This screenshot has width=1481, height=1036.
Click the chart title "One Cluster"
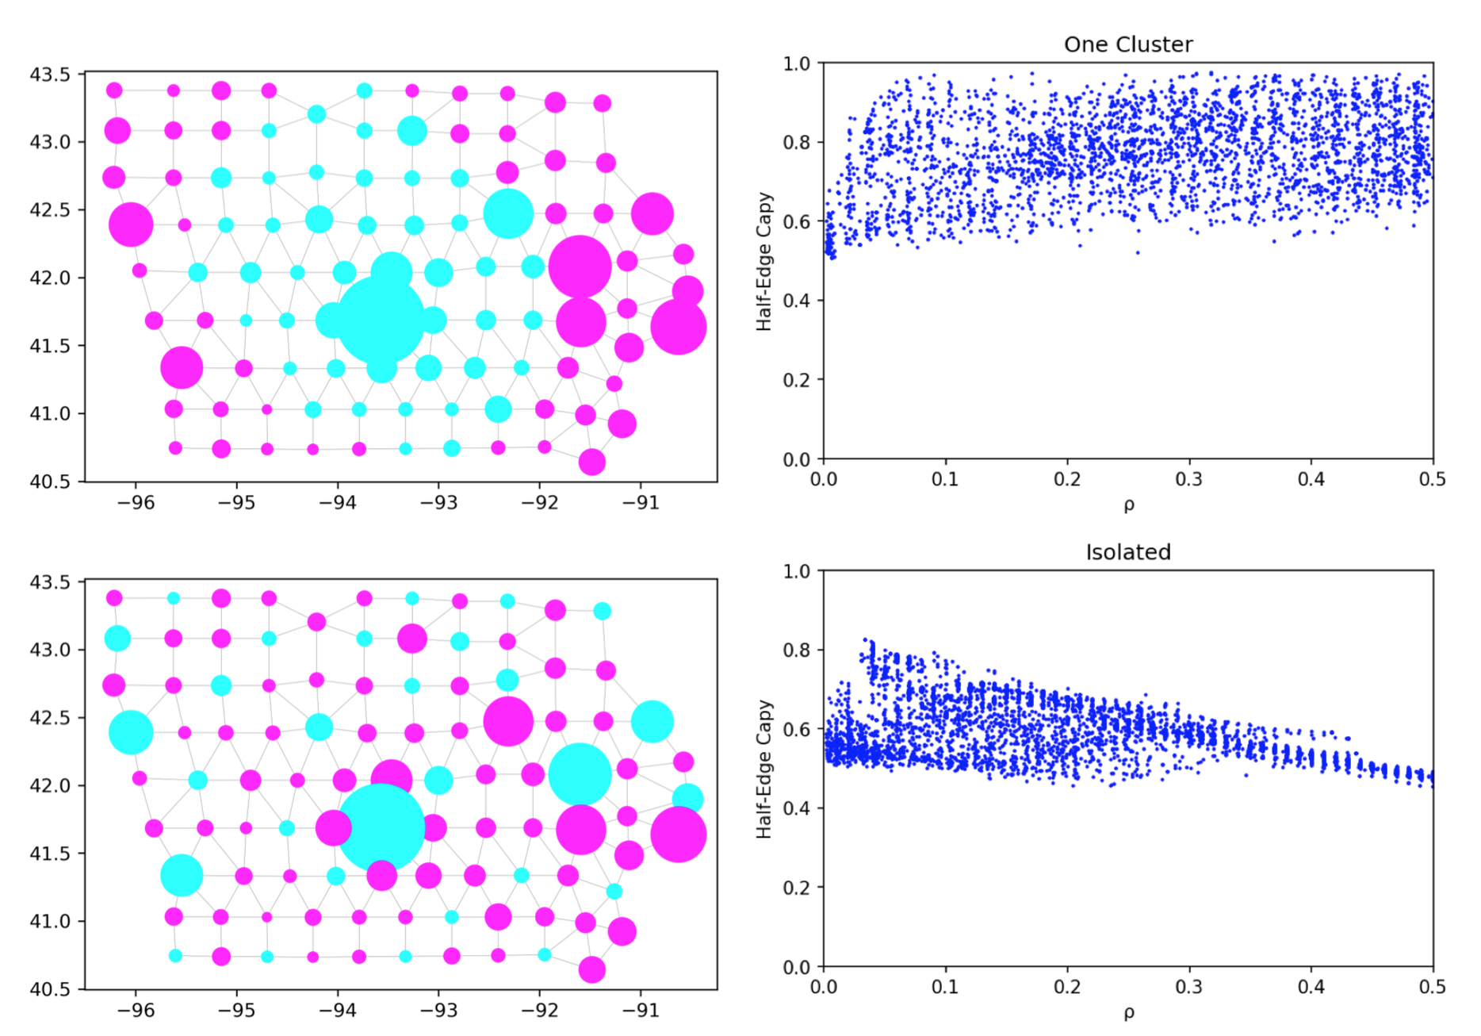click(x=1127, y=44)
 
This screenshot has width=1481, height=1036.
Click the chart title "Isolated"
click(x=1127, y=552)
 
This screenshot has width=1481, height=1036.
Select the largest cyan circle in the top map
click(x=381, y=319)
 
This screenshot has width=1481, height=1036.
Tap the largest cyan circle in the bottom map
click(x=381, y=827)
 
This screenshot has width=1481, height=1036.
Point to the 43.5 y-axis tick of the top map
click(x=50, y=75)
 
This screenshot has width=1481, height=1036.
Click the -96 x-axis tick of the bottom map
click(x=136, y=1011)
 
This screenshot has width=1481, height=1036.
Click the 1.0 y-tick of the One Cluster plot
click(x=796, y=63)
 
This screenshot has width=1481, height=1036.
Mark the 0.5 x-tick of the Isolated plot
click(x=1432, y=987)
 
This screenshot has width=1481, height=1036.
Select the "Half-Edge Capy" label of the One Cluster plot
click(x=763, y=261)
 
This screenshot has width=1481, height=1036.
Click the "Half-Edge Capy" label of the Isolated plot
click(x=763, y=769)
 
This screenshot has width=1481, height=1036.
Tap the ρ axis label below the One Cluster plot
click(x=1128, y=505)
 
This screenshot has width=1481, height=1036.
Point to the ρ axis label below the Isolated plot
click(x=1128, y=1013)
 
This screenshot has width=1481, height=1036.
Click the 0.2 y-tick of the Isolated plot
click(x=796, y=888)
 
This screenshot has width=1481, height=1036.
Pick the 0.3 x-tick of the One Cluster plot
click(x=1188, y=479)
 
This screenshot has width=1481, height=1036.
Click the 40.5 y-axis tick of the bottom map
click(x=50, y=989)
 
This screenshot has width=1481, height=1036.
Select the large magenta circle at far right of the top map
click(x=679, y=327)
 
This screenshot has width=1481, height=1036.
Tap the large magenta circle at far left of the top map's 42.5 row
click(x=131, y=224)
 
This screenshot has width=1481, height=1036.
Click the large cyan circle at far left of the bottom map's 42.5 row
click(x=131, y=732)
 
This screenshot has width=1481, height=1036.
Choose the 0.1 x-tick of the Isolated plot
click(x=945, y=987)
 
